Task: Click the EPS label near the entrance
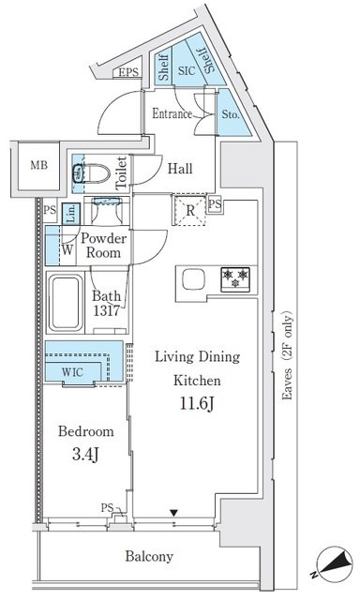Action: coord(128,72)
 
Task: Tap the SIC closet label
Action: coord(187,70)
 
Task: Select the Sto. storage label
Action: coord(231,114)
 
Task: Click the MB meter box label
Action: coord(39,165)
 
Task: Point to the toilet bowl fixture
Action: coord(92,173)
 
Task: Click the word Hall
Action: coord(180,169)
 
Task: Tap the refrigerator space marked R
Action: coord(190,210)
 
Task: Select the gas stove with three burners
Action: coord(235,279)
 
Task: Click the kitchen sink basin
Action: coord(193,279)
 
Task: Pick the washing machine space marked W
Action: coord(67,250)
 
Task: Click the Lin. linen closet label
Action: coord(70,214)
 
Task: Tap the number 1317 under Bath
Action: coord(107,310)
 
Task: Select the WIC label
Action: coord(72,372)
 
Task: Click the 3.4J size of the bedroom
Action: coord(85,454)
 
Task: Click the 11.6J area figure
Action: coord(197,403)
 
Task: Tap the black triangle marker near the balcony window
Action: coord(174,513)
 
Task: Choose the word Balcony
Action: coord(149,556)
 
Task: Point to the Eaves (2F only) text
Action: coord(287,356)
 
